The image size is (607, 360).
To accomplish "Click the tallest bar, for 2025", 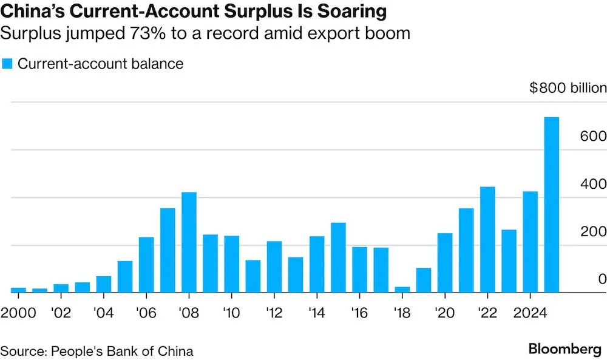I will (551, 205).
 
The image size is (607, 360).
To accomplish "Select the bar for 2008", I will (189, 242).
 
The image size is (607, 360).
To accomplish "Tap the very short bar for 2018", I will (402, 290).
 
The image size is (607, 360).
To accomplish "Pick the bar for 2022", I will (487, 239).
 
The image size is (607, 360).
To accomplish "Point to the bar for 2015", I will (338, 257).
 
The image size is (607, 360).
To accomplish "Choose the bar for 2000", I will (18, 290).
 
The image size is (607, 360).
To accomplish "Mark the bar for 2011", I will (253, 276).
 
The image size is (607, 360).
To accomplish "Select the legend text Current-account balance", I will (100, 63).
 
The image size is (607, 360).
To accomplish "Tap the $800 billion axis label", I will (568, 88).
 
